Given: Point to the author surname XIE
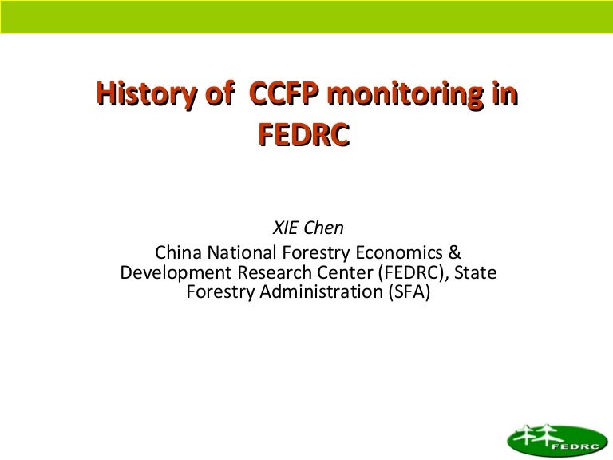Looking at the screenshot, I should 286,228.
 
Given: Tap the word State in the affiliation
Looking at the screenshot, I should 476,273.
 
